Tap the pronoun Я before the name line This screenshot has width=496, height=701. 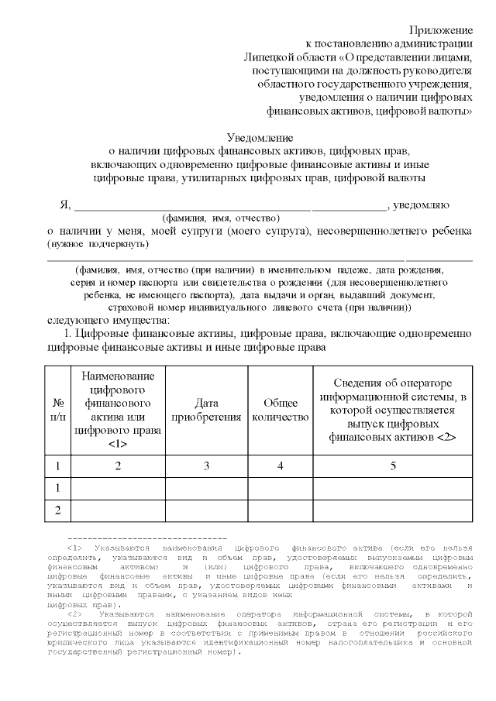tap(65, 205)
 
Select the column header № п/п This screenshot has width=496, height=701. tap(58, 410)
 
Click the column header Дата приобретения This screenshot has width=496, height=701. tap(206, 410)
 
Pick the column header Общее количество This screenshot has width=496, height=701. tap(280, 410)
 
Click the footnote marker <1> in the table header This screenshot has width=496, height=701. tap(117, 444)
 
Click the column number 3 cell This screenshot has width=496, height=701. tap(206, 466)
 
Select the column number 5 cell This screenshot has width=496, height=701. tap(393, 466)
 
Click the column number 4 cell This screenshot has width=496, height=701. tap(280, 466)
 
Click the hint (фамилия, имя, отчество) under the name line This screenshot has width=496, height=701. tap(221, 218)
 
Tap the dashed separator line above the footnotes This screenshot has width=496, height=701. tap(147, 538)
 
